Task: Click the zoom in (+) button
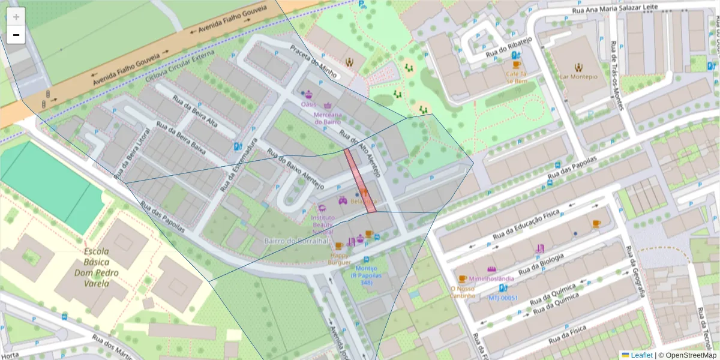(16, 16)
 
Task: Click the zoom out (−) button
(16, 35)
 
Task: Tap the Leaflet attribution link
(641, 355)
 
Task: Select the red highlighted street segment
(360, 181)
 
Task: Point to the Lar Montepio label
(579, 77)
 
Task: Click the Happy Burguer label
(339, 259)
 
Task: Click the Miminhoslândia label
(491, 279)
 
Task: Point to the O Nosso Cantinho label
(463, 292)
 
